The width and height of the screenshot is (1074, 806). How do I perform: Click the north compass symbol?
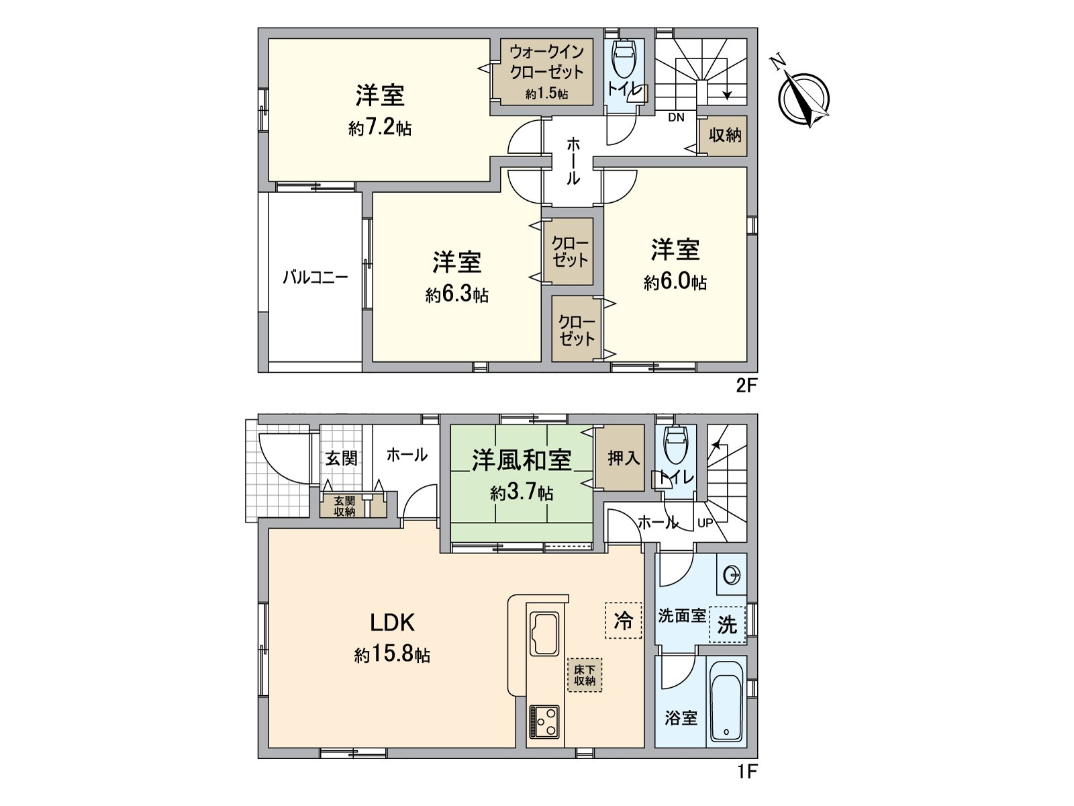(803, 97)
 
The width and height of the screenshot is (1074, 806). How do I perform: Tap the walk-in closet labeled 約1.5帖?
(546, 72)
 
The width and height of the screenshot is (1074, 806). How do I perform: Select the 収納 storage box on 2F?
(725, 135)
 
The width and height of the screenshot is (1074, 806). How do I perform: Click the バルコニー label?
(315, 277)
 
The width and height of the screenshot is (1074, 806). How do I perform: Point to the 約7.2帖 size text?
(380, 128)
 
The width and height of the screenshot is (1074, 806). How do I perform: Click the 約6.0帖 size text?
(675, 282)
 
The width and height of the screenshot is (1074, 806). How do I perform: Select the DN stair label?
(676, 118)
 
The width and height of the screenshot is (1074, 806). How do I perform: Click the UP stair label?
(705, 523)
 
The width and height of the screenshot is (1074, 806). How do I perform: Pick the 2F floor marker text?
(746, 386)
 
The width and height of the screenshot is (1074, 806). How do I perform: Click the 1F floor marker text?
(746, 772)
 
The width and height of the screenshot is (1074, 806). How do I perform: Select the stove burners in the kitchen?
(543, 721)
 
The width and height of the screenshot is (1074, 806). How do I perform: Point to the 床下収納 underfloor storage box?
(585, 675)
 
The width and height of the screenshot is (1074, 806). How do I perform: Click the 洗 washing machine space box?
(727, 625)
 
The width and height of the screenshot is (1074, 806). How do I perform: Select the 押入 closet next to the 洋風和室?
(623, 458)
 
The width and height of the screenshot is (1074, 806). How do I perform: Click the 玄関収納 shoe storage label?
(344, 506)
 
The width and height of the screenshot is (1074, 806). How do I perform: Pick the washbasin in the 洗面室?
(732, 576)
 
